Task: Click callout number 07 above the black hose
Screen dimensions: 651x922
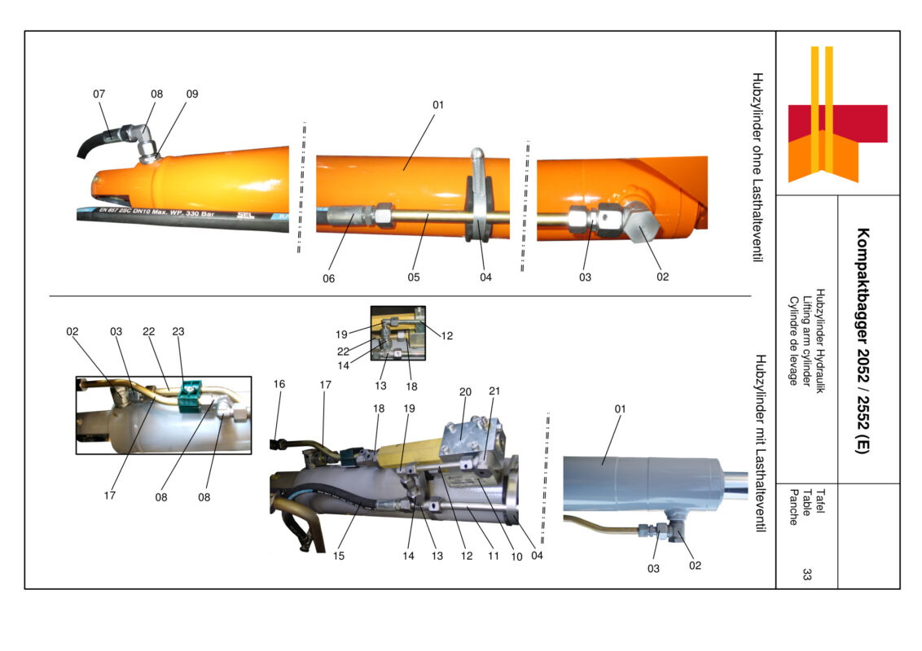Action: [x=99, y=94]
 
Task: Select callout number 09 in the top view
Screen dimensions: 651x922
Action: [x=192, y=94]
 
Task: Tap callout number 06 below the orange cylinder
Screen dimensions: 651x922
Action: [x=329, y=277]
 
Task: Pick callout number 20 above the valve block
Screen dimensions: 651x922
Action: [x=465, y=391]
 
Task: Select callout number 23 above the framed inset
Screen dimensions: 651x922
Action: [x=179, y=331]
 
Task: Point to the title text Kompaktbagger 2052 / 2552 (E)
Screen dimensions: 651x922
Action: [x=862, y=339]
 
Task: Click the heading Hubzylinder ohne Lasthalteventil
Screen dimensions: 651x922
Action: [x=757, y=168]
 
